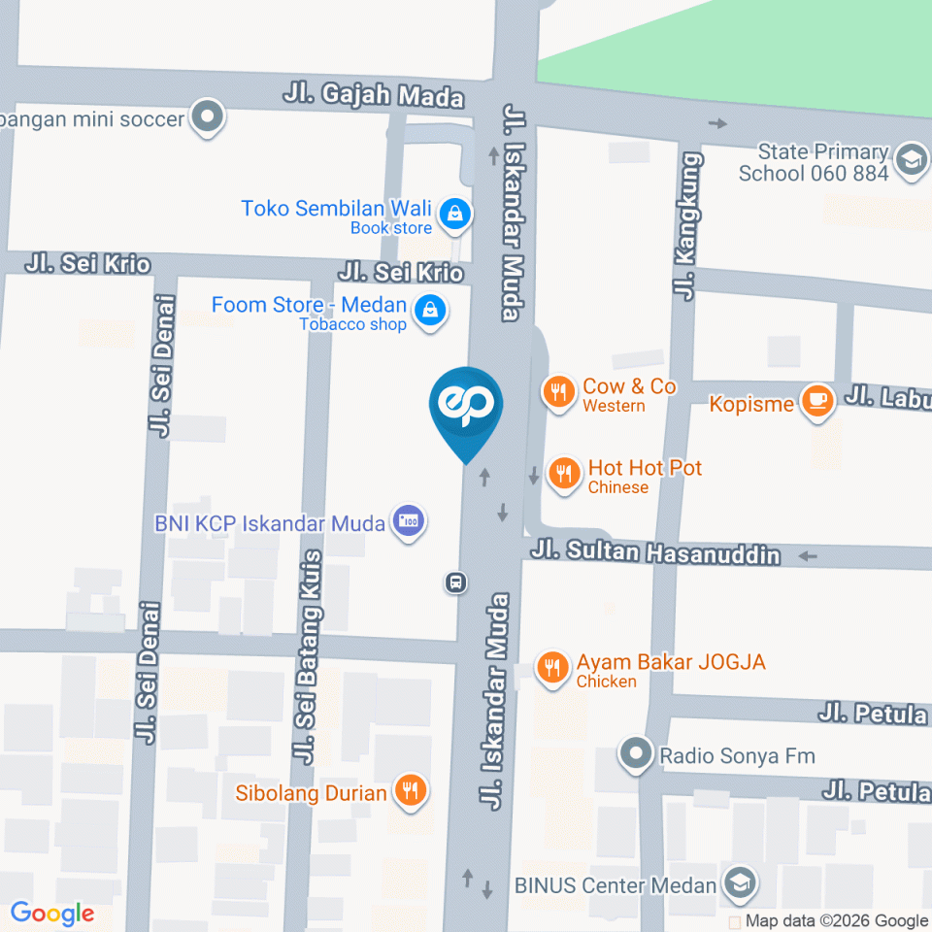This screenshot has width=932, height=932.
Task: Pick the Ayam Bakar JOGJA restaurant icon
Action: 553,668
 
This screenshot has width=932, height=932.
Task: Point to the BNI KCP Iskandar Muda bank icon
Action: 409,522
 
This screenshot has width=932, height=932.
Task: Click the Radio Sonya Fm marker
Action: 636,754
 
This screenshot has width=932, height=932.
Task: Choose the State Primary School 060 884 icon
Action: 911,160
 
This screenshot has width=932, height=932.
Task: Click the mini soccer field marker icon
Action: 207,118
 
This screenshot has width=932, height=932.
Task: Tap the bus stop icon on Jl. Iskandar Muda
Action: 454,582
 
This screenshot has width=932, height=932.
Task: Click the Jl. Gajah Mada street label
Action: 374,96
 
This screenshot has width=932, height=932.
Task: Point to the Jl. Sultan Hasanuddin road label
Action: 655,552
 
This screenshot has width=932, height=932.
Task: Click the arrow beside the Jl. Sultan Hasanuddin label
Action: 806,556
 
